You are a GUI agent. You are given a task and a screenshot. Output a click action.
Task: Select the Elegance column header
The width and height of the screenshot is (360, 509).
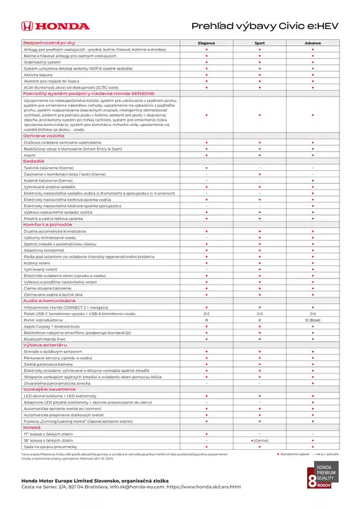click(x=206, y=43)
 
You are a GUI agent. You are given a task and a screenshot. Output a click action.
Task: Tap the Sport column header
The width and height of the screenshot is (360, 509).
click(x=259, y=43)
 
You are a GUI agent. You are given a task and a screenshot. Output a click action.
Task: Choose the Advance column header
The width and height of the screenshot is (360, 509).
click(x=312, y=43)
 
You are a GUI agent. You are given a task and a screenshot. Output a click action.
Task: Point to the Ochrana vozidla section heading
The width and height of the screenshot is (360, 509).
click(x=44, y=136)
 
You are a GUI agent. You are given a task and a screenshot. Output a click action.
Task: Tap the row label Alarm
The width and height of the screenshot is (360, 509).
click(x=30, y=155)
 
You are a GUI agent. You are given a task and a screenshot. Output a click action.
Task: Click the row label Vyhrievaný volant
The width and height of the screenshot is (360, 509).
click(x=44, y=269)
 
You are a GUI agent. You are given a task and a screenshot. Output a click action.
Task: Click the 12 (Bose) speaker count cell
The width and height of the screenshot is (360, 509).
click(x=312, y=319)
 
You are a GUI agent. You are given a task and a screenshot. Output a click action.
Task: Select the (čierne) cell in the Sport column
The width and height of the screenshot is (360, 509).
click(x=260, y=439)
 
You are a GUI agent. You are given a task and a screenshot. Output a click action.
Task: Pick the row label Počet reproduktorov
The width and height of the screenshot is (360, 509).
click(x=49, y=319)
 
